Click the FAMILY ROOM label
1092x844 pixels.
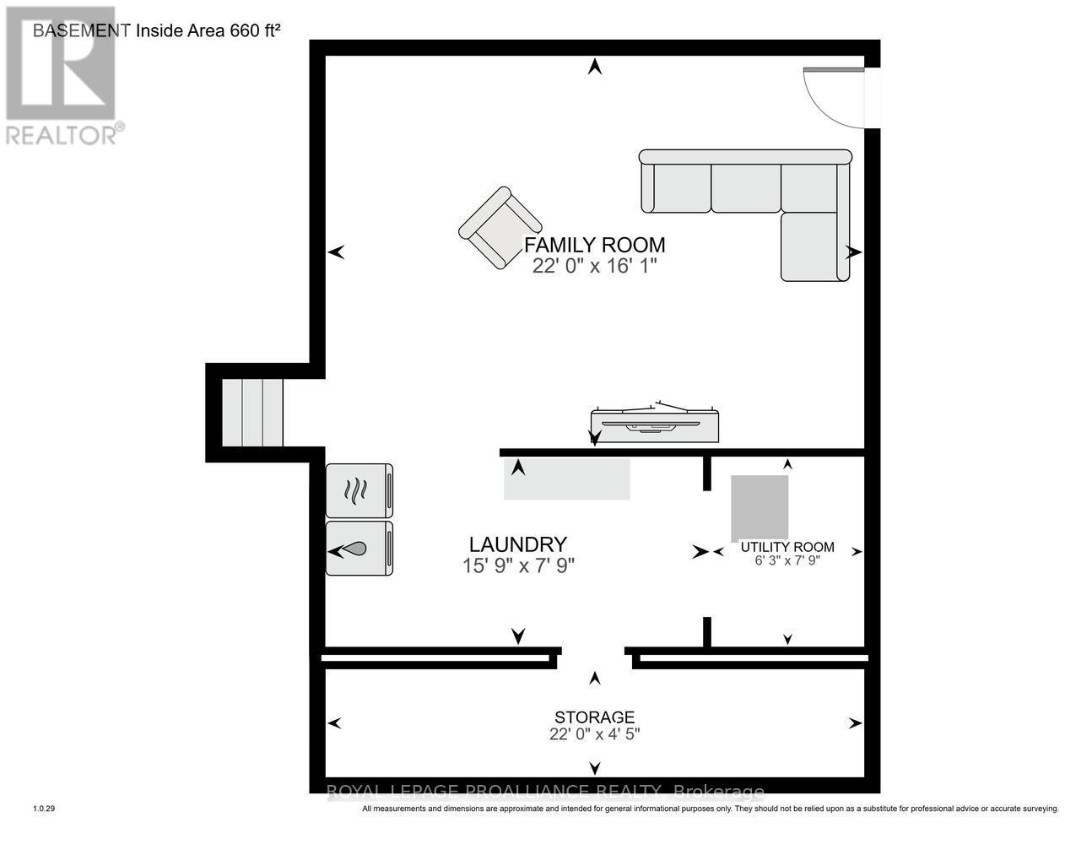pyautogui.click(x=594, y=245)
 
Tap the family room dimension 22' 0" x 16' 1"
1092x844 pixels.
pyautogui.click(x=594, y=266)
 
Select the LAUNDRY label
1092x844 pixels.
pyautogui.click(x=517, y=544)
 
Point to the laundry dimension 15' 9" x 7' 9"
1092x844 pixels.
pyautogui.click(x=517, y=565)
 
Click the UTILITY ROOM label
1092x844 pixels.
pyautogui.click(x=787, y=547)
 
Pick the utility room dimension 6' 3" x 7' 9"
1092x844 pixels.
pyautogui.click(x=787, y=560)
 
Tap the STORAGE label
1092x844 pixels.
pyautogui.click(x=594, y=717)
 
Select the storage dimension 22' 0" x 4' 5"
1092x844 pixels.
pyautogui.click(x=594, y=734)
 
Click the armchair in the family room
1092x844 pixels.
pyautogui.click(x=500, y=228)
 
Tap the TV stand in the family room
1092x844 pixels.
pyautogui.click(x=655, y=424)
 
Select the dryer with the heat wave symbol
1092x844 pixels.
pyautogui.click(x=359, y=490)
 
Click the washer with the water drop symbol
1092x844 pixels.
pyautogui.click(x=359, y=549)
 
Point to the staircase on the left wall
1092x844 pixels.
pyautogui.click(x=251, y=412)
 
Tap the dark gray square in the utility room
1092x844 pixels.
pyautogui.click(x=759, y=507)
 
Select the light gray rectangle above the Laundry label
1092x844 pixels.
pyautogui.click(x=567, y=479)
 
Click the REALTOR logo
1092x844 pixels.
pyautogui.click(x=61, y=76)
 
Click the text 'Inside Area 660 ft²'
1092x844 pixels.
pyautogui.click(x=208, y=30)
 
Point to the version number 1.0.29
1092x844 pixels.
pyautogui.click(x=44, y=809)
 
